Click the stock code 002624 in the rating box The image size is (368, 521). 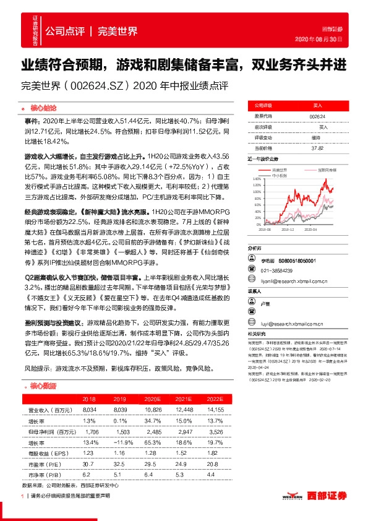click(x=317, y=116)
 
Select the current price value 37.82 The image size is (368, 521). click(x=317, y=148)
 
